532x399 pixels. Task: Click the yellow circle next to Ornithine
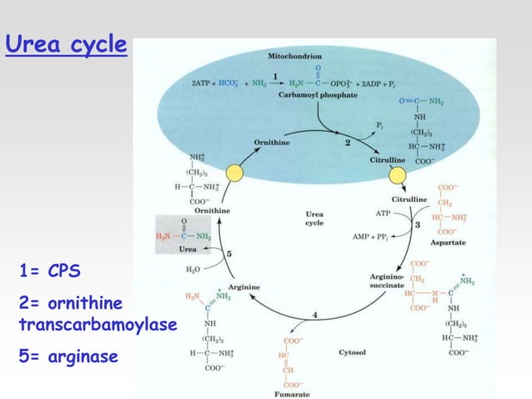[234, 173]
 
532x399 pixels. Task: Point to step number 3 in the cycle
[416, 225]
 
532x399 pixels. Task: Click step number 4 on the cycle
[314, 314]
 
